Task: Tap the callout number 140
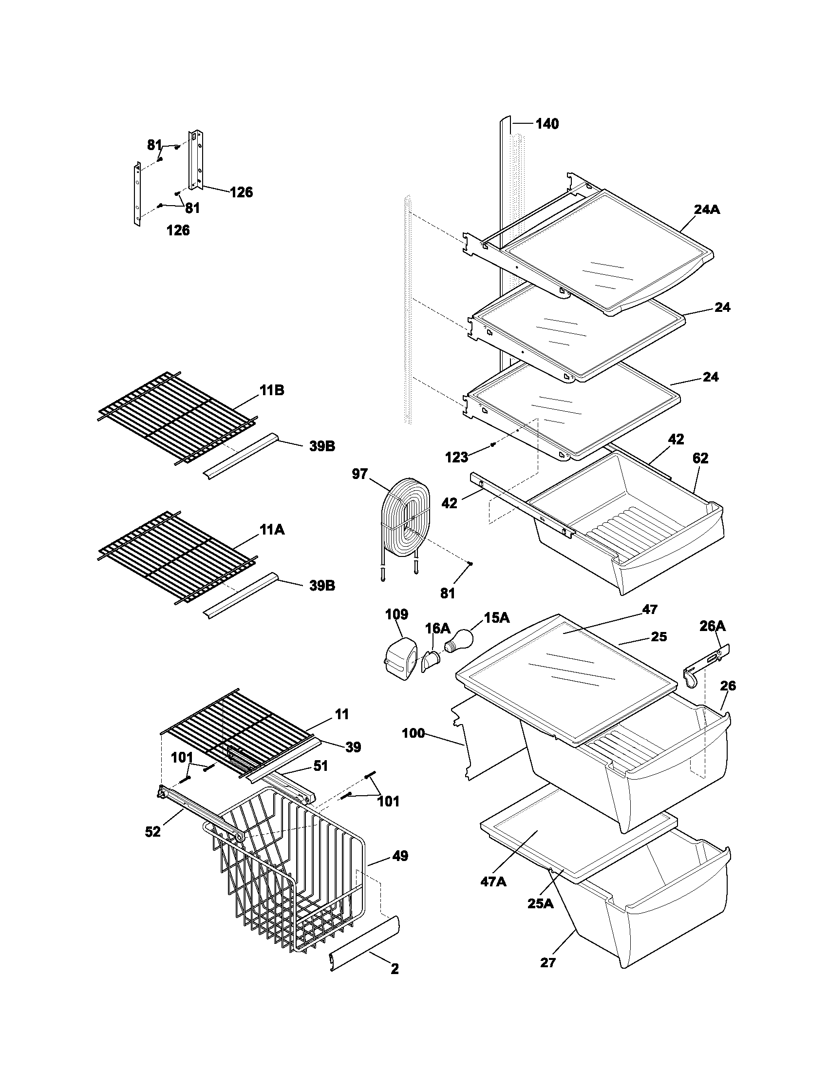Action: [546, 124]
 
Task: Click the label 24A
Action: [707, 210]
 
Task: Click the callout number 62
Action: [700, 458]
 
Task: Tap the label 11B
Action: [272, 390]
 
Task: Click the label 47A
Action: [493, 881]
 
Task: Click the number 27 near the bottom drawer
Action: [548, 963]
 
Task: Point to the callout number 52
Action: [153, 831]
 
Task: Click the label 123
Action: [456, 458]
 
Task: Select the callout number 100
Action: [413, 734]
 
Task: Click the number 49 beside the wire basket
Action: [400, 856]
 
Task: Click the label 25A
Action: [541, 902]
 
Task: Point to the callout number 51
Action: [320, 766]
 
